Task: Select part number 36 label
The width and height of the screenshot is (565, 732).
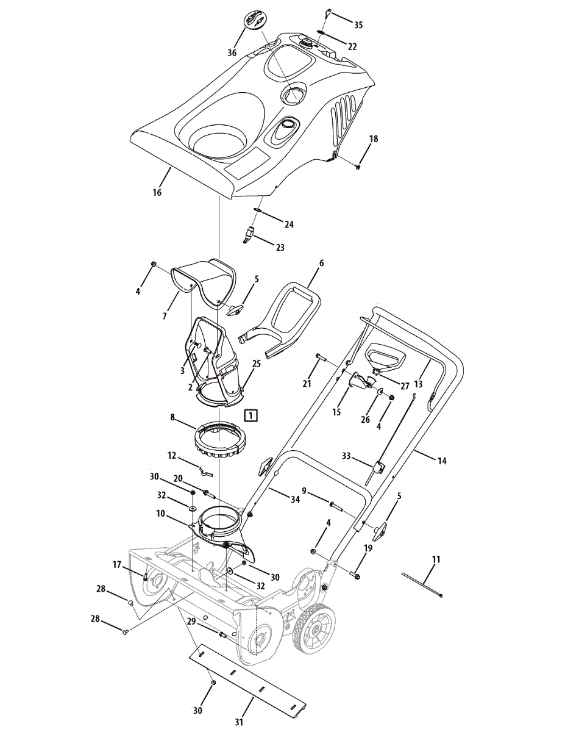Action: [232, 53]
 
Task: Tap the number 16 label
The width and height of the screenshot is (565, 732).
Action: [157, 192]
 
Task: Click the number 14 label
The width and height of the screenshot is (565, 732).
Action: [441, 461]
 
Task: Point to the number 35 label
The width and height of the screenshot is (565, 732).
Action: [358, 25]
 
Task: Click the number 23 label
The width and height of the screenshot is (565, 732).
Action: [280, 248]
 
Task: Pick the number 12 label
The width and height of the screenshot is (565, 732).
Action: [172, 455]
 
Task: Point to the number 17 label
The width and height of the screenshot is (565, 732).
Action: [118, 565]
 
